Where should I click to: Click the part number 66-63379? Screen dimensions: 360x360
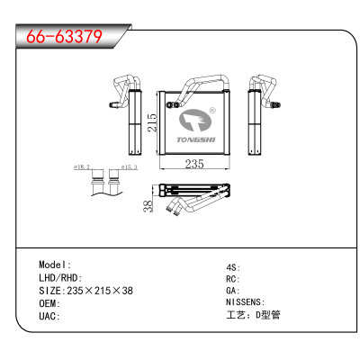tap(65, 37)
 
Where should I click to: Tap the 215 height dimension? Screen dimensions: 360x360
tap(153, 122)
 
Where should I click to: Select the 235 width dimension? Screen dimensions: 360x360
tap(194, 164)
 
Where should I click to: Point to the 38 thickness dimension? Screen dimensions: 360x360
tap(148, 206)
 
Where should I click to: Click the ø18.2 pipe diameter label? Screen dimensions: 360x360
tap(82, 166)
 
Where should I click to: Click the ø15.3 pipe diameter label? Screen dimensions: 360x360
tap(130, 166)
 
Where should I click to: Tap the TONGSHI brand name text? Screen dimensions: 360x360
tap(195, 139)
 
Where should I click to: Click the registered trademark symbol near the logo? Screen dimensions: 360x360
tap(212, 111)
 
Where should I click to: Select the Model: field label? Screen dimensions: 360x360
tap(55, 265)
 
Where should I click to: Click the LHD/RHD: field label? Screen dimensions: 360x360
tap(60, 278)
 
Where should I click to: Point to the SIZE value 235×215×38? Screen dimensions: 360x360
tap(100, 291)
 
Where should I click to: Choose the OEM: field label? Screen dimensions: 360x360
tap(49, 303)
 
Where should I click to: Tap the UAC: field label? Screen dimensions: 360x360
tap(49, 316)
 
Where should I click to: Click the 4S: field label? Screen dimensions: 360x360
tap(233, 267)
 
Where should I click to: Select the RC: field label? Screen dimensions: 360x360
tap(233, 279)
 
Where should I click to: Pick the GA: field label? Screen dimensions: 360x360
tap(233, 291)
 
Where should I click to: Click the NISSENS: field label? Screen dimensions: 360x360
tap(246, 302)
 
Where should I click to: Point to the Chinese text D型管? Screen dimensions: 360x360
tap(268, 315)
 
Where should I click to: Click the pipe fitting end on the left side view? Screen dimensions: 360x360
tap(112, 104)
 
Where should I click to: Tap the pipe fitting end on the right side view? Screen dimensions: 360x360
tap(276, 104)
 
